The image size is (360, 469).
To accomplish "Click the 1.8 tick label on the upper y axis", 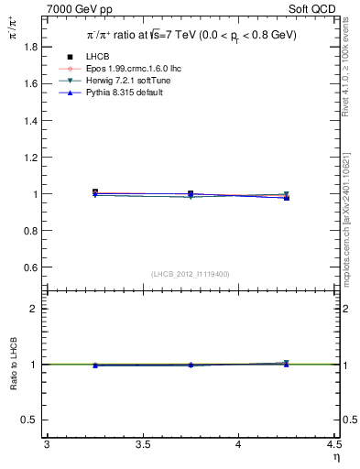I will tap(30, 46).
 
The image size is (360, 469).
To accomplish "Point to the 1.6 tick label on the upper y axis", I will tap(30, 83).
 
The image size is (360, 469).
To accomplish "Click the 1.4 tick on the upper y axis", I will tap(30, 120).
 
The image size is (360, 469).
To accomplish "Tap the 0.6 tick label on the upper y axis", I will tap(30, 267).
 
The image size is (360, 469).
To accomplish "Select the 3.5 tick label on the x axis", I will tap(142, 445).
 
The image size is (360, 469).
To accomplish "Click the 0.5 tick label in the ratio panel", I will tap(30, 420).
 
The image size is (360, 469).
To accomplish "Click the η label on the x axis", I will tap(334, 457).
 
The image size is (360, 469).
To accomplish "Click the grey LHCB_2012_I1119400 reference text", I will tap(190, 274).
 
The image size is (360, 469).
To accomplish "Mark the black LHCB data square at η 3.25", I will tap(94, 192).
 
